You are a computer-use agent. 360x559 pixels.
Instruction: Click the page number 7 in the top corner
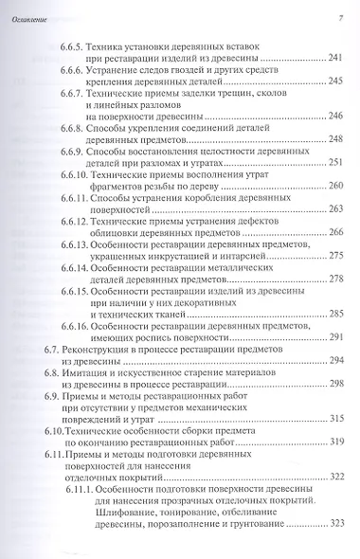point(339,19)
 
